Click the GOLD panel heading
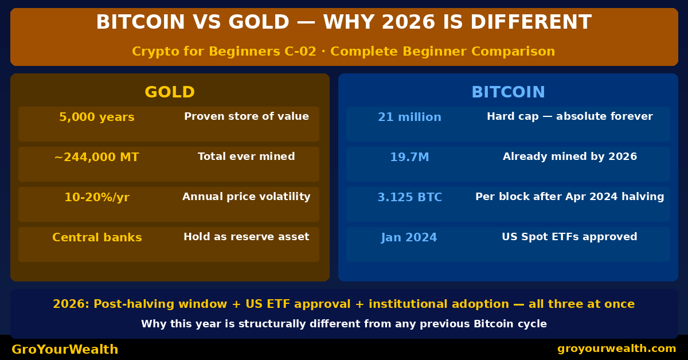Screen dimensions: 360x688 (170, 92)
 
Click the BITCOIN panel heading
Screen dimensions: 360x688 (508, 92)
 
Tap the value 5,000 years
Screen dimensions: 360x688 (97, 118)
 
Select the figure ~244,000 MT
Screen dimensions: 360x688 (97, 158)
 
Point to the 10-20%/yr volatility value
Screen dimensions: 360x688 (97, 198)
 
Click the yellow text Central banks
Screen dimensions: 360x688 (97, 238)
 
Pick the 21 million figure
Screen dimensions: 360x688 (409, 118)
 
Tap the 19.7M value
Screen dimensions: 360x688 (409, 158)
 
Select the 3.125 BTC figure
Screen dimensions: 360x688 (409, 198)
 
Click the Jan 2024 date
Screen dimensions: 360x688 (409, 238)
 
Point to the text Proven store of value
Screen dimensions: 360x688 (247, 117)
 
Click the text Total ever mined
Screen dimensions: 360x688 (247, 156)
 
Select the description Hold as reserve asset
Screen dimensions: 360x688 (247, 237)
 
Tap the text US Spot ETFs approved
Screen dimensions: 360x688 (569, 237)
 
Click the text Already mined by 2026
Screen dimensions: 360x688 (569, 156)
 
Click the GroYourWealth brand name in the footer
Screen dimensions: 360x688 (65, 350)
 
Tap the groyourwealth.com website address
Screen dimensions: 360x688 (616, 349)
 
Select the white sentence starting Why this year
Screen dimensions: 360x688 (344, 324)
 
